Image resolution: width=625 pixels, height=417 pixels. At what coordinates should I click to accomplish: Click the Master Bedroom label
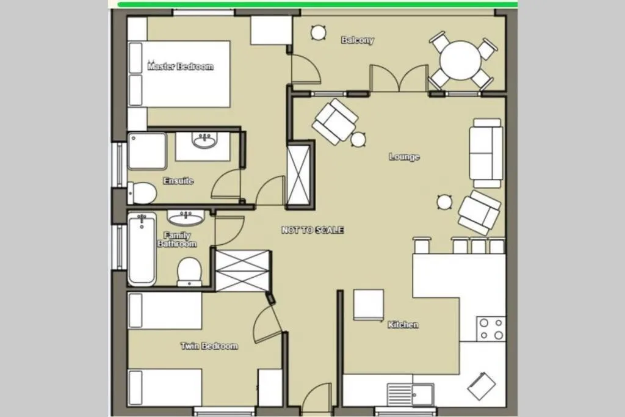pos(181,67)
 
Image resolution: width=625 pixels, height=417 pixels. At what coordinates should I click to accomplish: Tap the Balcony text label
pos(358,40)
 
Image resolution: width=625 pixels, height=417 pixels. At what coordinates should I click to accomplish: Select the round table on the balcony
pos(461,60)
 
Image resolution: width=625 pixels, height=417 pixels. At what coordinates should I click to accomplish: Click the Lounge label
pos(404,157)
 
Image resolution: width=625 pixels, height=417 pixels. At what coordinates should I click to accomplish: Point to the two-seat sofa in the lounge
pos(487,153)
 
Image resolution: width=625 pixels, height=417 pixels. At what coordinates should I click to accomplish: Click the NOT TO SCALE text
pos(312,230)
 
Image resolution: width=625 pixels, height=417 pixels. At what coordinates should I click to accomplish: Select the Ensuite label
pos(178,181)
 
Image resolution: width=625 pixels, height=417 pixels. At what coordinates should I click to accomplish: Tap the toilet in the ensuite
pos(143,193)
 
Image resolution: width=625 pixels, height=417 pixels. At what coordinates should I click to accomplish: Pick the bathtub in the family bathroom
pos(142,249)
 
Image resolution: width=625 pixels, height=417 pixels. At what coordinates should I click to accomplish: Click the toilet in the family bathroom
pos(189,271)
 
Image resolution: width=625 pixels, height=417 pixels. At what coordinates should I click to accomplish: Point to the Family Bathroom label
pos(177,239)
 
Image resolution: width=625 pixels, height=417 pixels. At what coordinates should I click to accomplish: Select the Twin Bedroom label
pos(209,346)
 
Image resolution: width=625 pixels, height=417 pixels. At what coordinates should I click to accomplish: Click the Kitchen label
pos(403,325)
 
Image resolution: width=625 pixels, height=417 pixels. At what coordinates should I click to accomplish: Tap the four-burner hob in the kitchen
pos(491,328)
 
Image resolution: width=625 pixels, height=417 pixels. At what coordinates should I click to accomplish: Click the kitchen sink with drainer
pos(411,394)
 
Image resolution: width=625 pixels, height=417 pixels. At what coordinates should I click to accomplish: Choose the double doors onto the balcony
pos(399,79)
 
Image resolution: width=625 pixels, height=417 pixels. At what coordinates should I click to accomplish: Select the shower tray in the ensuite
pos(147,151)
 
